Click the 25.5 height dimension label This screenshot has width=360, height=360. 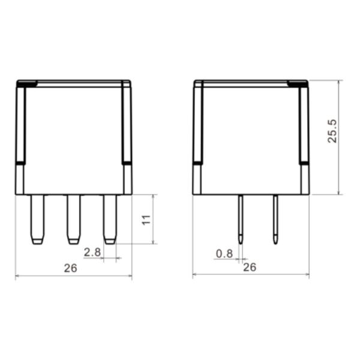pos(332,131)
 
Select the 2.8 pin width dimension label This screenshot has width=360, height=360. pos(92,252)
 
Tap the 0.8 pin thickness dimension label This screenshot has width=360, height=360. pos(224,253)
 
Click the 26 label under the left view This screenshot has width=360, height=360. pos(71,268)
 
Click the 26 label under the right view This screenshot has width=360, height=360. pos(250,267)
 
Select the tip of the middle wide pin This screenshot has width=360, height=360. pos(73,241)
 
